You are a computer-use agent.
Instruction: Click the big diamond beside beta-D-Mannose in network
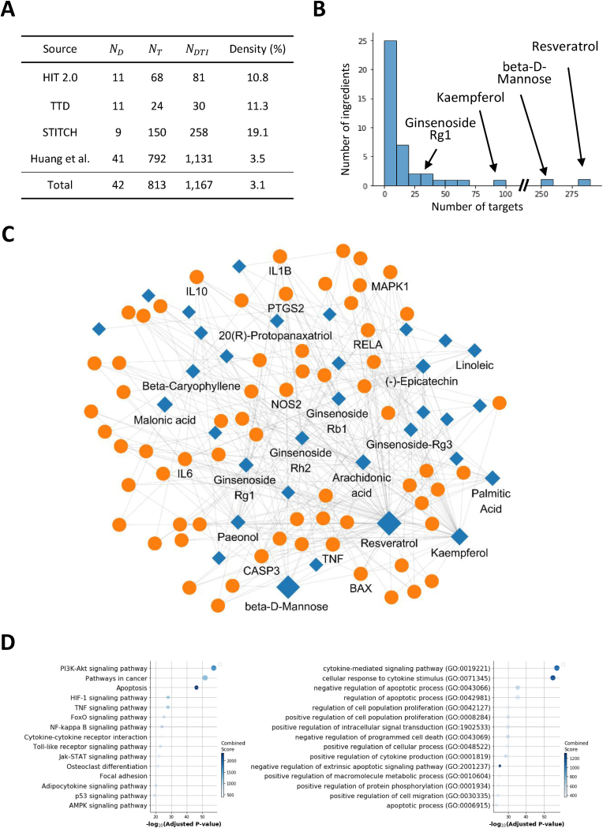tap(287, 586)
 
